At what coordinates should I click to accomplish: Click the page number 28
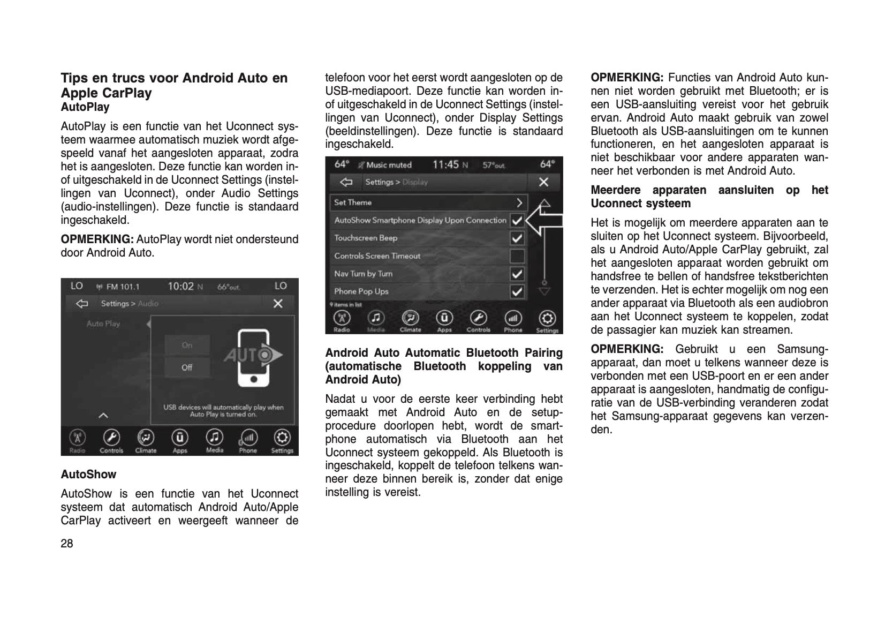(67, 544)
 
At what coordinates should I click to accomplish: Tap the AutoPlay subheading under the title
(85, 107)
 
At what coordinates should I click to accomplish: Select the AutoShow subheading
(88, 475)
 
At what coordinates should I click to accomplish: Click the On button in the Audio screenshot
(187, 345)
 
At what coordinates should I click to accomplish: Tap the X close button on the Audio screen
(278, 304)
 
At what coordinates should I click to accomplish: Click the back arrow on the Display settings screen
(346, 182)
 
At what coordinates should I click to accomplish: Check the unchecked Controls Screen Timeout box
(517, 256)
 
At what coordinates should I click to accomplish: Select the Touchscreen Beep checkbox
(517, 238)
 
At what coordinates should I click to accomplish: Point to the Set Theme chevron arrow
(519, 202)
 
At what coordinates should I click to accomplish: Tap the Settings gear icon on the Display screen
(547, 320)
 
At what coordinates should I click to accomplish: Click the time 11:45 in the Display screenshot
(446, 165)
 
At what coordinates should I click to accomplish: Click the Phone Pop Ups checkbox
(517, 292)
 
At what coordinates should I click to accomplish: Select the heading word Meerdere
(615, 190)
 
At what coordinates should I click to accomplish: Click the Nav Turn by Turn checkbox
(517, 274)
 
